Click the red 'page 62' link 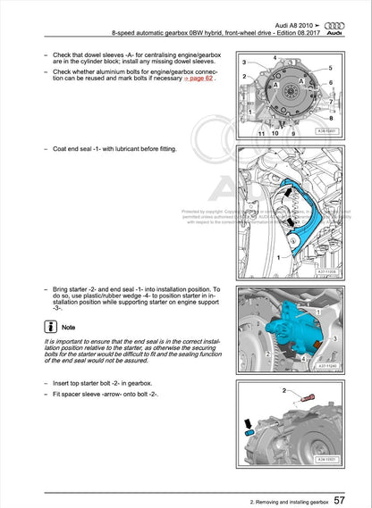[200, 79]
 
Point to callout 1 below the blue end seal [277, 256]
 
